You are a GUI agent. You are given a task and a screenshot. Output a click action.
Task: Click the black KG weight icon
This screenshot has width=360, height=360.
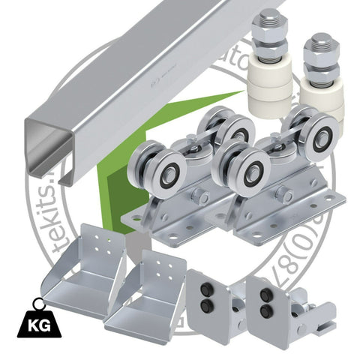tap(31, 322)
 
